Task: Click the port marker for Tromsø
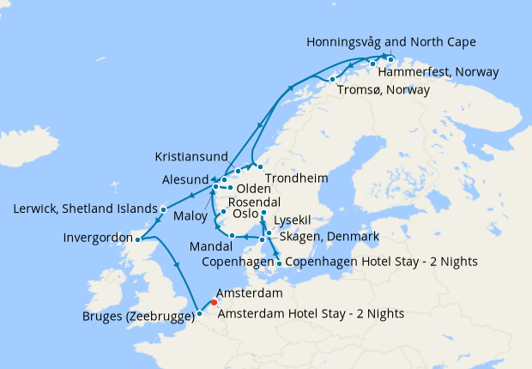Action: click(x=332, y=80)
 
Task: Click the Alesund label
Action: click(x=184, y=181)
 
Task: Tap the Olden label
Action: click(x=253, y=189)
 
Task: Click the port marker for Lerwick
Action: click(x=164, y=209)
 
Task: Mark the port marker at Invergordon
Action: click(x=137, y=239)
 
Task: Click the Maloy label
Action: click(x=190, y=216)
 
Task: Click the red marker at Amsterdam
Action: click(x=214, y=302)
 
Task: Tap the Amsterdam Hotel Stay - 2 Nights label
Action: click(x=311, y=314)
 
